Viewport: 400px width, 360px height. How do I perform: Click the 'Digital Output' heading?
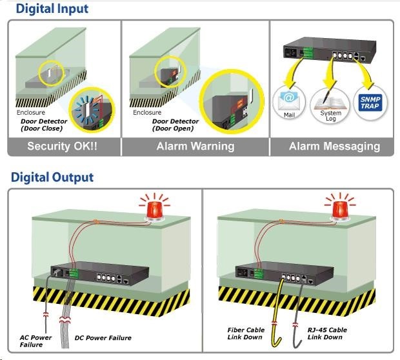[52, 177]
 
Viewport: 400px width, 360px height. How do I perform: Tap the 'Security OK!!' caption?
[63, 146]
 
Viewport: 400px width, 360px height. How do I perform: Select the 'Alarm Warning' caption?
[195, 146]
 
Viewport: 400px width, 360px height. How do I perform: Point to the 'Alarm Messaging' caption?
[334, 146]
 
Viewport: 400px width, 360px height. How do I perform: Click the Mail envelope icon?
[288, 102]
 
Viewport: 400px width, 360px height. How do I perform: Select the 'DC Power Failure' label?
[103, 337]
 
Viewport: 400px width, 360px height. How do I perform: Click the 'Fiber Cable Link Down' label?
[246, 334]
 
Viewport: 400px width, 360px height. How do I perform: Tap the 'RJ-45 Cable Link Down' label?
[327, 334]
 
